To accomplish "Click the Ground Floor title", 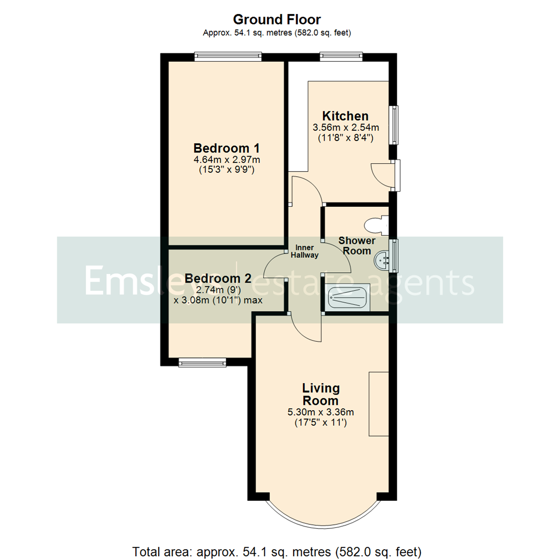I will point(276,20).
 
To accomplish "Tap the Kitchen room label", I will point(345,116).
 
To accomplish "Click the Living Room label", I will point(321,394).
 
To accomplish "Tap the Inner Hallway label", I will point(307,251).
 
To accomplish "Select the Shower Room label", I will point(357,246).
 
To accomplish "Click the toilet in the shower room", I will point(375,225).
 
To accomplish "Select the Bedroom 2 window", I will point(203,363).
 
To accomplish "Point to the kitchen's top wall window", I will point(341,57).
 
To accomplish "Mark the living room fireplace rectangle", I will point(379,403).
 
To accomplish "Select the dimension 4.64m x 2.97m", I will point(226,159).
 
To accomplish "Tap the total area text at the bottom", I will point(277,550).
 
